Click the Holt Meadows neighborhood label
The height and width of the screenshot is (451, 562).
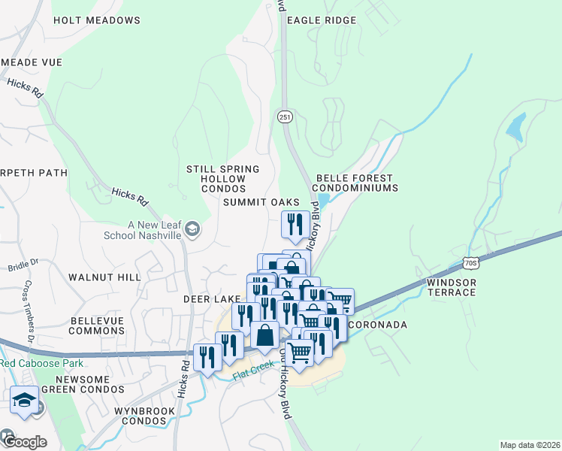97,20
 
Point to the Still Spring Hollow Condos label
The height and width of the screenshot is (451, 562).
224,179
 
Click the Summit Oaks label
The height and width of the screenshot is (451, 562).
261,203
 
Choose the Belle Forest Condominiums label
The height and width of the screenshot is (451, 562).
354,183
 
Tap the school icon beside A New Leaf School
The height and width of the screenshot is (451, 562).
192,229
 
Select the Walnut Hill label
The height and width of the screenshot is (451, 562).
104,277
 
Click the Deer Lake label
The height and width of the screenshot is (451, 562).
212,299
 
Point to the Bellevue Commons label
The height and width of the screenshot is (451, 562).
96,325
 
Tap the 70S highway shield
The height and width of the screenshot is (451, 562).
471,263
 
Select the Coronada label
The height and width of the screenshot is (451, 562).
378,325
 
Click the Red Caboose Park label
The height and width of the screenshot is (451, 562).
32,364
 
